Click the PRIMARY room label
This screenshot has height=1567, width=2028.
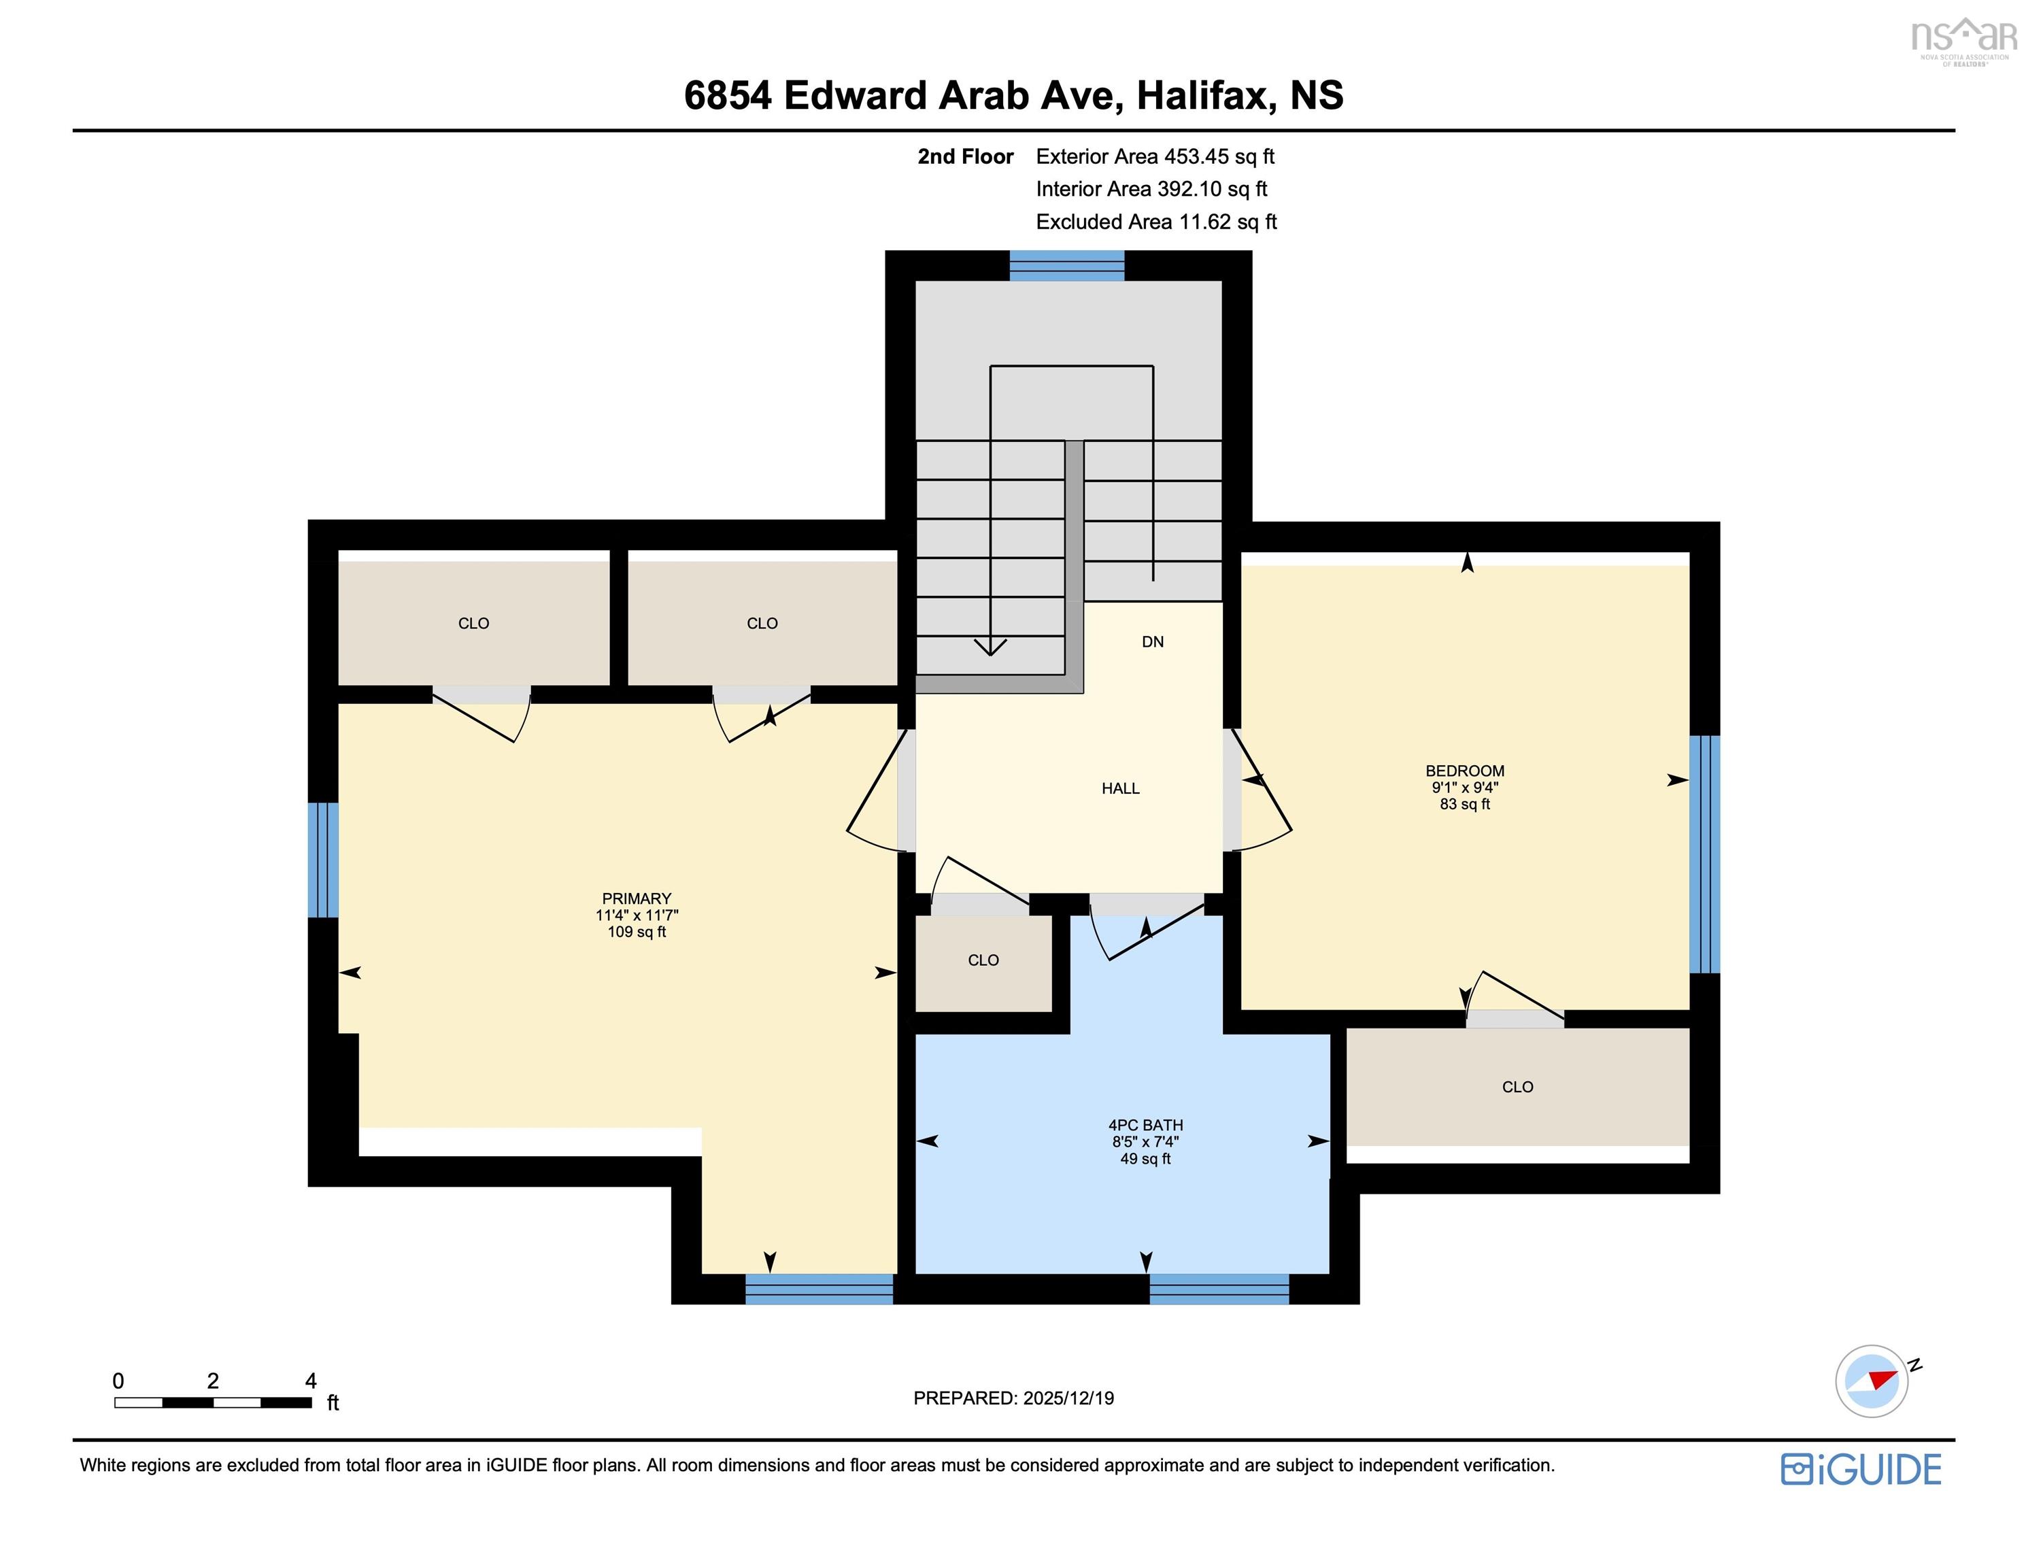point(636,898)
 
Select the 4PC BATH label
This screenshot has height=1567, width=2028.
point(1145,1125)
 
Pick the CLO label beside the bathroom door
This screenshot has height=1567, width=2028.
point(983,960)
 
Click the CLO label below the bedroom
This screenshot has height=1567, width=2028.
point(1517,1087)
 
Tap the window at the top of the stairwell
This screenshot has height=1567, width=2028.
point(1067,266)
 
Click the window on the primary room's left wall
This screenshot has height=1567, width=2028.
point(323,860)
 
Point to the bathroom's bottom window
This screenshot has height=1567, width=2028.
point(1219,1288)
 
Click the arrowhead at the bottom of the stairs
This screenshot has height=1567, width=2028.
point(990,647)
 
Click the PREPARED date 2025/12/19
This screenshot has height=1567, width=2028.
point(1068,1398)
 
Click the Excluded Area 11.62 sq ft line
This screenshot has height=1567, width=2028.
point(1156,222)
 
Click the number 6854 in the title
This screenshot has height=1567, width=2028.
point(727,96)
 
